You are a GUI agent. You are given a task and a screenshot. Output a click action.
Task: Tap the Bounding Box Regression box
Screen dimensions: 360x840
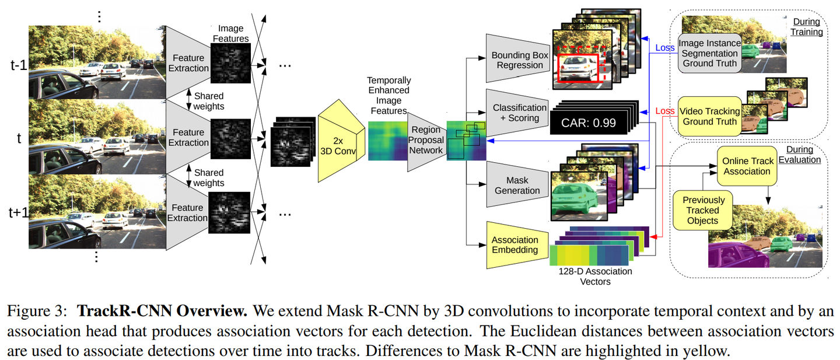coord(519,60)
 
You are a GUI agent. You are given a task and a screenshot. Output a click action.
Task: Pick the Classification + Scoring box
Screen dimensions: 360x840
coord(519,113)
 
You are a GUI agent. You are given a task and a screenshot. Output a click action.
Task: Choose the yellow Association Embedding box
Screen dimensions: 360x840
coord(514,245)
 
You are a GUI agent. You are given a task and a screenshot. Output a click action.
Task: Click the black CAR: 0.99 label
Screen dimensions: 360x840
coord(591,123)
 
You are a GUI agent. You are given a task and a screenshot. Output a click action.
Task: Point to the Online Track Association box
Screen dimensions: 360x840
coord(747,166)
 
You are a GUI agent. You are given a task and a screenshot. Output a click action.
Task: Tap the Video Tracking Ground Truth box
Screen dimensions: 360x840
coord(710,116)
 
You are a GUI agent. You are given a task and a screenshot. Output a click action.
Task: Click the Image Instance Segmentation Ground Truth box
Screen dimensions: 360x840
coord(710,53)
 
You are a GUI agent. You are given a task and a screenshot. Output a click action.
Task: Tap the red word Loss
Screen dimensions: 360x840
coord(664,111)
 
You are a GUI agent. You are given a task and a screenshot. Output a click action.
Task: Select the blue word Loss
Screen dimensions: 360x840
coord(664,48)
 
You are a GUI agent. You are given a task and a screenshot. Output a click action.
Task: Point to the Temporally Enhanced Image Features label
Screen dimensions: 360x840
coord(388,95)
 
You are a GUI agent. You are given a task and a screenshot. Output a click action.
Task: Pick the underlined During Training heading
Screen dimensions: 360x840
coord(806,27)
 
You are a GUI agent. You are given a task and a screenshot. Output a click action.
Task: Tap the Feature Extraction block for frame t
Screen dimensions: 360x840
coord(188,137)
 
